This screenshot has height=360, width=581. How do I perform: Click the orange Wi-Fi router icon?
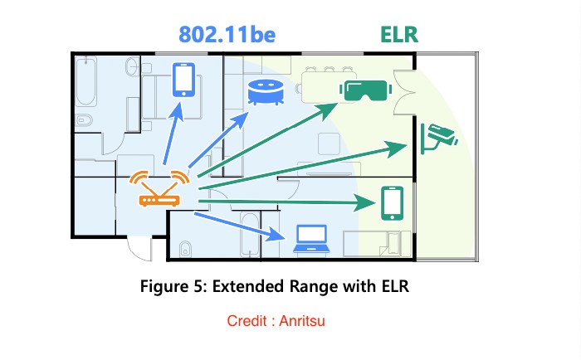(x=161, y=190)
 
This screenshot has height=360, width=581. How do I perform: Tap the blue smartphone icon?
(x=183, y=80)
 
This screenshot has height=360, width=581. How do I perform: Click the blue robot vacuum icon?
(x=266, y=91)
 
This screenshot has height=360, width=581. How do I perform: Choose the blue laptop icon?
(x=310, y=239)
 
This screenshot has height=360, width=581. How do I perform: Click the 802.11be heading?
(x=227, y=35)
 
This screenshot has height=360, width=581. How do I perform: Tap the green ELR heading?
(x=400, y=35)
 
